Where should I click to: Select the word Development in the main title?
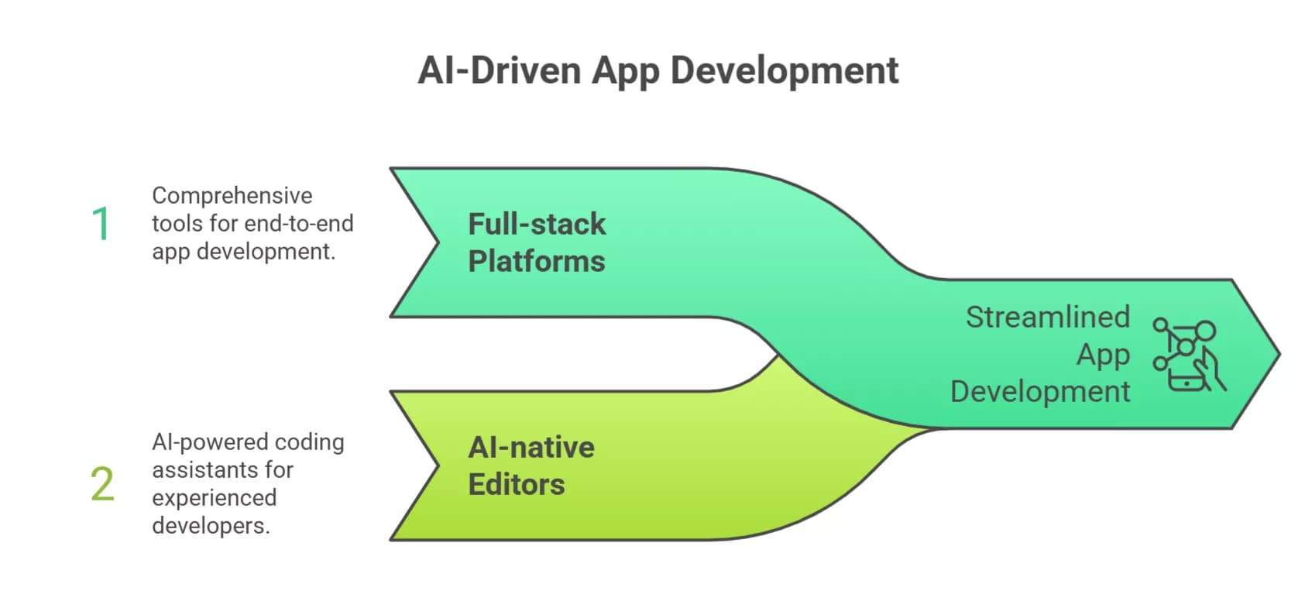click(785, 70)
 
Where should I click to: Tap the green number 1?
click(101, 224)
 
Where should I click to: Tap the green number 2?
click(102, 484)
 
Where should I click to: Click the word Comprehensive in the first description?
click(232, 195)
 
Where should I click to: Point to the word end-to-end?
click(298, 223)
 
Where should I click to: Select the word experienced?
click(214, 497)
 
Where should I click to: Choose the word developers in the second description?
click(210, 525)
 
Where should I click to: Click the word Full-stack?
click(537, 224)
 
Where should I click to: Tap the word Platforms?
click(536, 261)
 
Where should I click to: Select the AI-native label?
click(531, 447)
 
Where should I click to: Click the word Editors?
click(517, 484)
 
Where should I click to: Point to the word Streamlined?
click(1047, 317)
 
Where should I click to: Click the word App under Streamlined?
click(1103, 354)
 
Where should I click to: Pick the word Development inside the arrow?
click(1039, 391)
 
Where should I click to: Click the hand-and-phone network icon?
click(1187, 354)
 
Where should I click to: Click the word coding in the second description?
click(309, 442)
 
